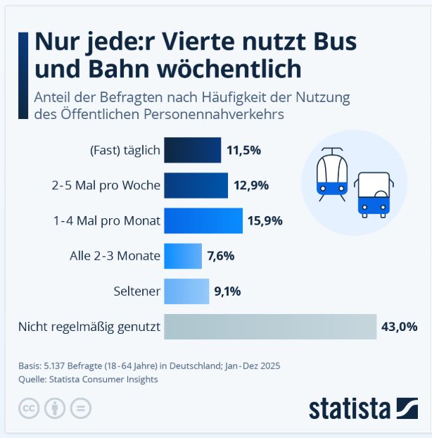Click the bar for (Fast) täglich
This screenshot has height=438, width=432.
click(192, 150)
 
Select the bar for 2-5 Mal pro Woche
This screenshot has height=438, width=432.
click(196, 186)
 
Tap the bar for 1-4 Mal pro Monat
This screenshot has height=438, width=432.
click(203, 220)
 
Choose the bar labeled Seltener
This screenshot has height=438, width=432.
click(186, 290)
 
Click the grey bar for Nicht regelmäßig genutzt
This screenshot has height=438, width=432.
click(270, 327)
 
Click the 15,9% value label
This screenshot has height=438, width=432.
click(265, 220)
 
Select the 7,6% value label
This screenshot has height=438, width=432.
click(220, 256)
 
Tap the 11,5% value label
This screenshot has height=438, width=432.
click(244, 150)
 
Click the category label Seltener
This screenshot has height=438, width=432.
click(137, 290)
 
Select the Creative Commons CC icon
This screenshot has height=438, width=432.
click(27, 408)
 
